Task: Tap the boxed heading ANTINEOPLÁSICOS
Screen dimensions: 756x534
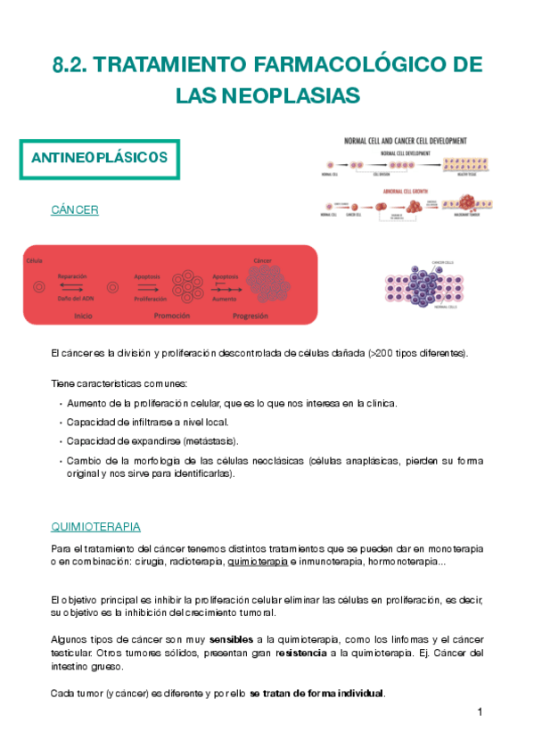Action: (99, 158)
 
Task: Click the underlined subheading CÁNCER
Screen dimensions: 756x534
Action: (75, 210)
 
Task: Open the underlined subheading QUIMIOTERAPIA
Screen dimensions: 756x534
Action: (96, 526)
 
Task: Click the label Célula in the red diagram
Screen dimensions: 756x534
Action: (35, 259)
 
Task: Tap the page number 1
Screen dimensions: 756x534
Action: (480, 712)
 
